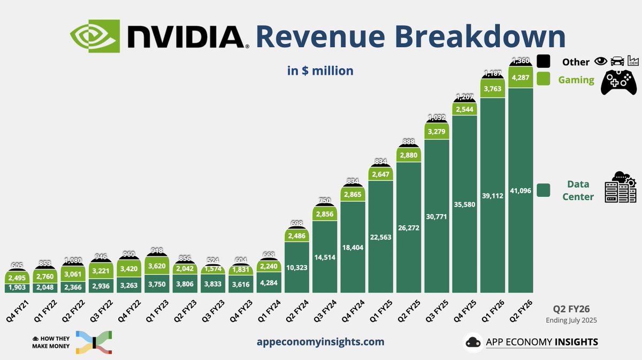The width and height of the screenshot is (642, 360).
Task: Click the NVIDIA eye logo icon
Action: coord(95,36)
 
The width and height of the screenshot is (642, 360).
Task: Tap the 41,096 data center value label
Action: coord(521,190)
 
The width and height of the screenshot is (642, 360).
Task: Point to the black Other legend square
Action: coord(544,62)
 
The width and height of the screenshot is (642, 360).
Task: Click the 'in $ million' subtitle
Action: coord(320,71)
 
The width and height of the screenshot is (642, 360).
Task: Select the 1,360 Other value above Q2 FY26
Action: coord(521,60)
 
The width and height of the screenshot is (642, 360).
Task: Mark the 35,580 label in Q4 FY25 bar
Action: coord(465,205)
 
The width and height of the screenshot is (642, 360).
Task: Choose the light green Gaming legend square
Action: coord(544,79)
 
